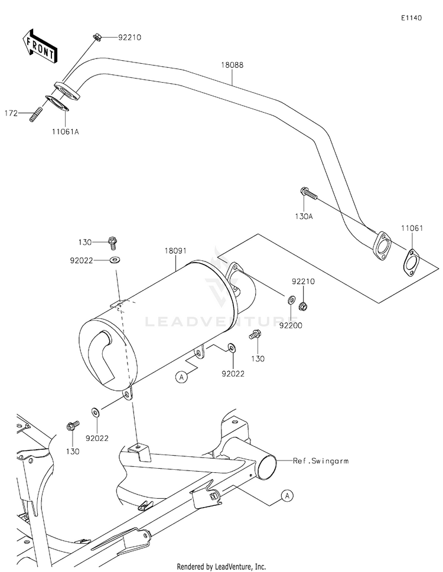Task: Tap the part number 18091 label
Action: point(176,251)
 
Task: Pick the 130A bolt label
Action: point(303,217)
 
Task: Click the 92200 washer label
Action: point(291,324)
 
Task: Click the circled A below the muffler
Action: point(182,375)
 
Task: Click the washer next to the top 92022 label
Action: point(113,259)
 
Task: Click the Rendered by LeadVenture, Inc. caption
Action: point(221,566)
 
